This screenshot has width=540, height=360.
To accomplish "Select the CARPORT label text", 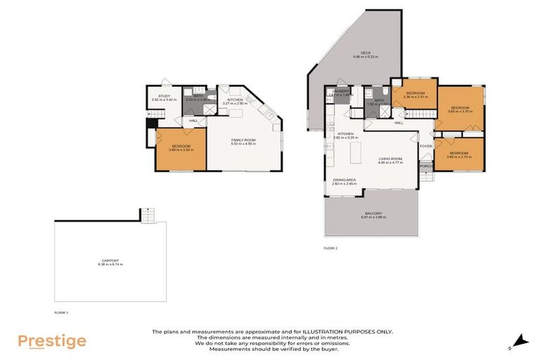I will coord(110,262).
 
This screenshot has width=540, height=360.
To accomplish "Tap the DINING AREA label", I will coord(345,181).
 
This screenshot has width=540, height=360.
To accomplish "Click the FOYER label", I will coord(426,146).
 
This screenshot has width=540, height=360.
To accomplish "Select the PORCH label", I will coord(425,167).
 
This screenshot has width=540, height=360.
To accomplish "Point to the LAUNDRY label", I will coord(342,92).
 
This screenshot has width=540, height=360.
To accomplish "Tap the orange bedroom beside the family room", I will coord(181,148).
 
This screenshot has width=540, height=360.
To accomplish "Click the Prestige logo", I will coord(52,342).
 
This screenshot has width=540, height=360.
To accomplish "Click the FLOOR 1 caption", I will coord(61,311).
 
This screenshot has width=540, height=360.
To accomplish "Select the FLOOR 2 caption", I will coord(330,248).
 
